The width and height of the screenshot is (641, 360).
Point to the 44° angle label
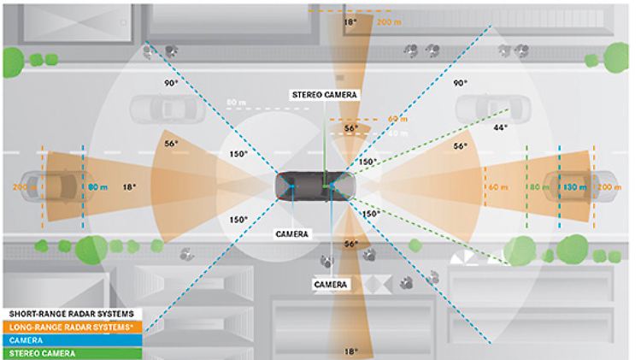pos(500,127)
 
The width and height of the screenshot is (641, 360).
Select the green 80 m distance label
pos(538,186)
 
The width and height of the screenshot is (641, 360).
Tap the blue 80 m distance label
pos(99,186)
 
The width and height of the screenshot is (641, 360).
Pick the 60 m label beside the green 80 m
pos(497,186)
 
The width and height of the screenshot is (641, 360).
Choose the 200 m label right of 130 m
pos(609,186)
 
